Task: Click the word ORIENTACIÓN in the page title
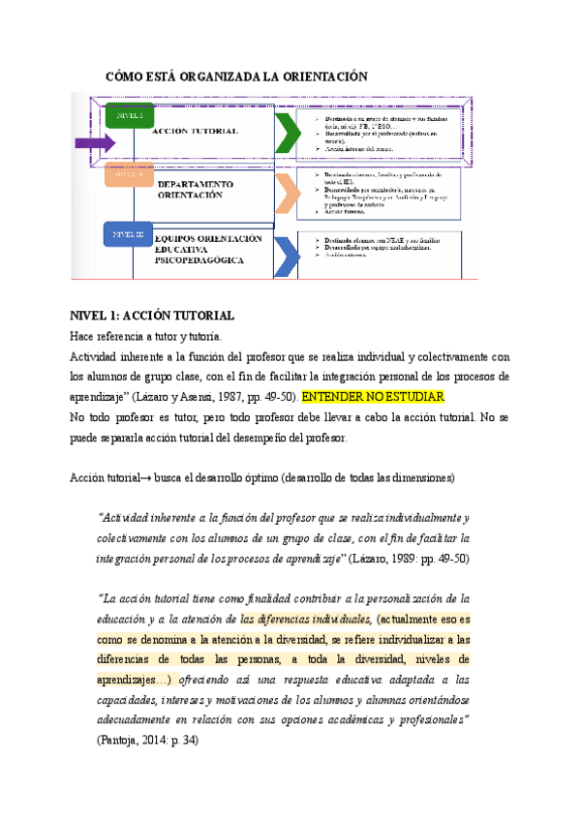tap(320, 76)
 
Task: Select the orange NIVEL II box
tap(130, 175)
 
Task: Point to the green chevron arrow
tap(288, 134)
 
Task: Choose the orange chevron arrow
tap(288, 192)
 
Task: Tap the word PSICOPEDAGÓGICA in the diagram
tap(203, 260)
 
